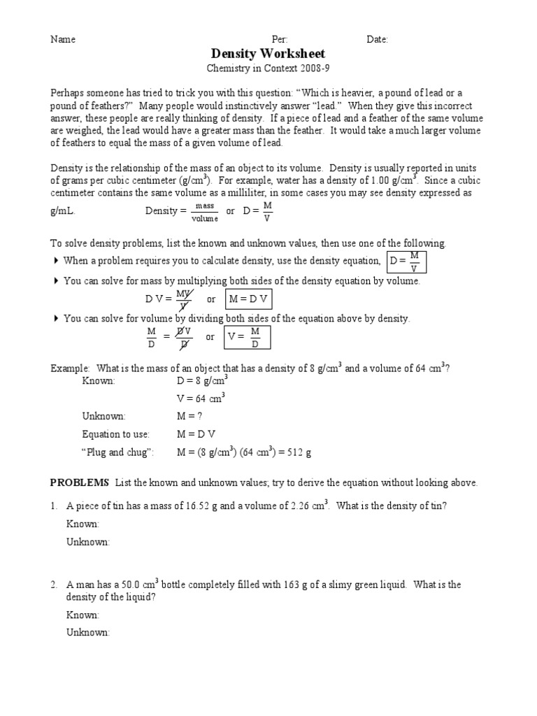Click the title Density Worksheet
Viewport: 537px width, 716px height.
(268, 54)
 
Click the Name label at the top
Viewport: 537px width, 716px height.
(63, 39)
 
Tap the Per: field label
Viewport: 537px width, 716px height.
(279, 39)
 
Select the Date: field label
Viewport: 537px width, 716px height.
(377, 39)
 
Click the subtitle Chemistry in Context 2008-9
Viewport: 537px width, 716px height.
(268, 69)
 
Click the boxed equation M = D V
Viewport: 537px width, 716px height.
(247, 299)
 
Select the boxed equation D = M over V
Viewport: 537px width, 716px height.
(406, 262)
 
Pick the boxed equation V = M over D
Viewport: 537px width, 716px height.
(247, 337)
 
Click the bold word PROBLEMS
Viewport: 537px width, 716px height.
(80, 482)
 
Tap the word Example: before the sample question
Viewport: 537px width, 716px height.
(70, 368)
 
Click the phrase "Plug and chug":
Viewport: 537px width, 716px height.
(117, 452)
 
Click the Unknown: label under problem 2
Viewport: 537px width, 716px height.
(88, 632)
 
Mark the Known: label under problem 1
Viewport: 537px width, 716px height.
(83, 524)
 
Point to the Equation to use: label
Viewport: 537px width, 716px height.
(116, 434)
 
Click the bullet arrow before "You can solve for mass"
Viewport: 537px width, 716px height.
(56, 281)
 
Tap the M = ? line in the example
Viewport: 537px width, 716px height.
(190, 416)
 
